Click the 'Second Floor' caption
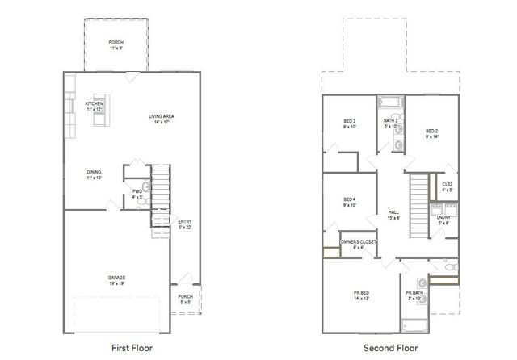point(391,348)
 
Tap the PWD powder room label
point(137,192)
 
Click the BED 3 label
point(350,123)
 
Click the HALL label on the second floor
point(393,214)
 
